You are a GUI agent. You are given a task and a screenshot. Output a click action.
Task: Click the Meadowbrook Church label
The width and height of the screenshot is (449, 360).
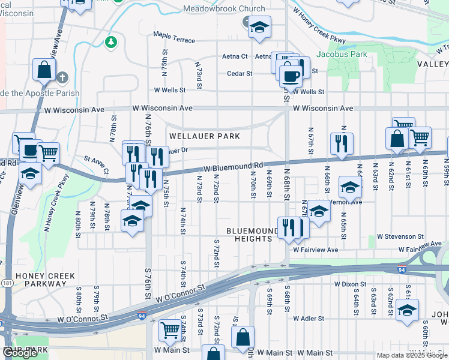point(224,8)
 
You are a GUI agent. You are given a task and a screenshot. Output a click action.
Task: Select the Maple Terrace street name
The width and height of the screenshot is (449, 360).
point(174,40)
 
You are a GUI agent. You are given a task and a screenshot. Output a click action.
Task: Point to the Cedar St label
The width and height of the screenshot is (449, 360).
point(240,74)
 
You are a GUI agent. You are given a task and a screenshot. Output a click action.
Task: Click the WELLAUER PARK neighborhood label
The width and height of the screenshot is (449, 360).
point(204,136)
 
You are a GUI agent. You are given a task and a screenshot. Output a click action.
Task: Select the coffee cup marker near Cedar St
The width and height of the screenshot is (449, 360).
point(291,76)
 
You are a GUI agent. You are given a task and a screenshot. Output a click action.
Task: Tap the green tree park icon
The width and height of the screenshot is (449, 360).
point(110,41)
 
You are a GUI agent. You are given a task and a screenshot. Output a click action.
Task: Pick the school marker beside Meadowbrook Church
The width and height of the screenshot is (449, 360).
point(259,27)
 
